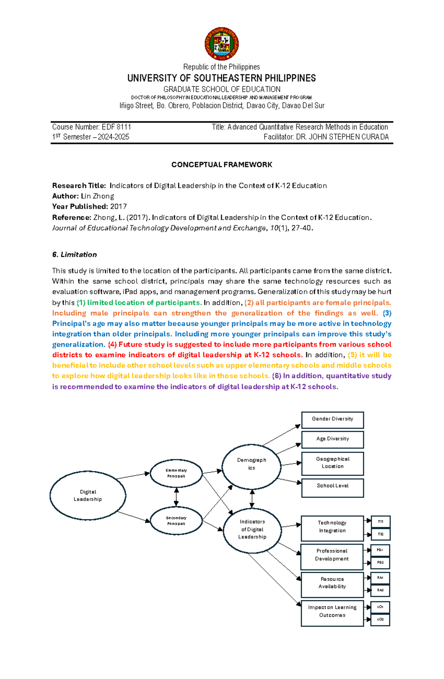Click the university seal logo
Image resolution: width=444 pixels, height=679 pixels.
click(221, 44)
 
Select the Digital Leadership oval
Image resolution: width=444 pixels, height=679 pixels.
click(88, 495)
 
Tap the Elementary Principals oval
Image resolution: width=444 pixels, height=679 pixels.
click(176, 473)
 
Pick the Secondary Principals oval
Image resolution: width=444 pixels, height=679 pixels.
click(176, 521)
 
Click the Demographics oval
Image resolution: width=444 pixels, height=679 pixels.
click(252, 467)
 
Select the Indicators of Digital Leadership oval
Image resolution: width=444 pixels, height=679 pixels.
click(252, 530)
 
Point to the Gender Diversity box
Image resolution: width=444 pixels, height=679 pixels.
click(332, 420)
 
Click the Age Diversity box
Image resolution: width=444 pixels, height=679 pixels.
click(332, 439)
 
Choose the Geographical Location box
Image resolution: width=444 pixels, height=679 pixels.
click(332, 463)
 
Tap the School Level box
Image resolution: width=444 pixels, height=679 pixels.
click(332, 487)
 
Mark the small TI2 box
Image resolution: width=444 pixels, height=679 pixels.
click(381, 534)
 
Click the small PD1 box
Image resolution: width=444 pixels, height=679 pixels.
click(380, 550)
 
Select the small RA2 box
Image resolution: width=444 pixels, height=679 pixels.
click(380, 590)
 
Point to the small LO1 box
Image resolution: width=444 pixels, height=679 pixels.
click(380, 607)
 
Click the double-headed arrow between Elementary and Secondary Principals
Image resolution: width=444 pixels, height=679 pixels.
click(176, 497)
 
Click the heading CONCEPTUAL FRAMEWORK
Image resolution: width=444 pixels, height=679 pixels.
click(222, 165)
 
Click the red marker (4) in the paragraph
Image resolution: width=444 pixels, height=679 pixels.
click(112, 344)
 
